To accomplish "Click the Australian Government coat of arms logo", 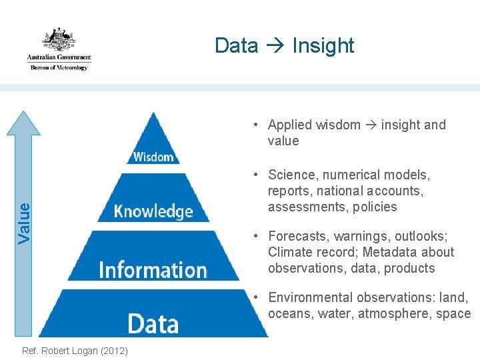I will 59,40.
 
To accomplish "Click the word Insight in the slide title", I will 323,45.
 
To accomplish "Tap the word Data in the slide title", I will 236,45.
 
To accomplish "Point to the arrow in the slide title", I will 275,45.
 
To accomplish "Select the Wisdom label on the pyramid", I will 153,157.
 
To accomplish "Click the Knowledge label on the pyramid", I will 153,211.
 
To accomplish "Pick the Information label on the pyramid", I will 153,269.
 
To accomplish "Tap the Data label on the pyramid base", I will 153,323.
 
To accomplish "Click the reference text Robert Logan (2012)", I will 75,351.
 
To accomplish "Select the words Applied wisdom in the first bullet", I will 314,125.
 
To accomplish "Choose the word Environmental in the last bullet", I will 309,297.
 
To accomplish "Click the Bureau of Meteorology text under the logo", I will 59,67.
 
